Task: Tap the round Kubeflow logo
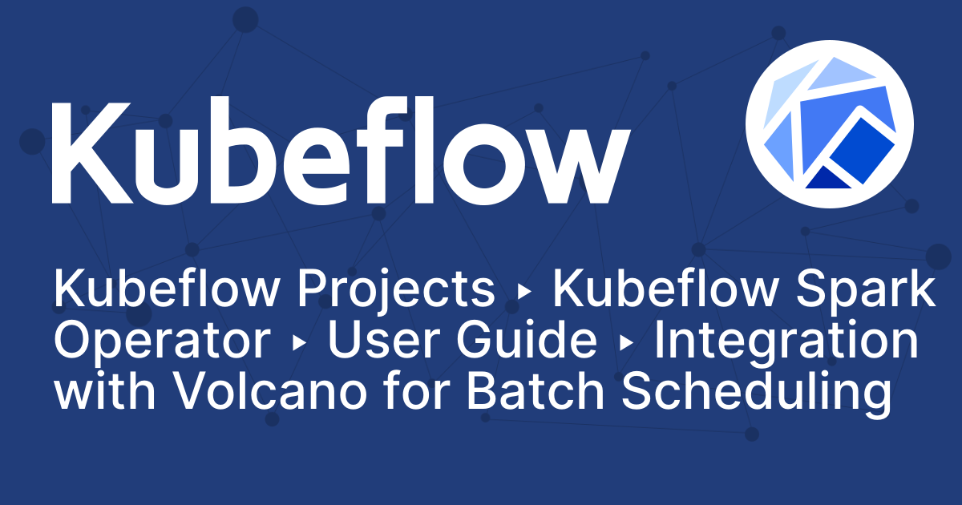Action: (x=829, y=119)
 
